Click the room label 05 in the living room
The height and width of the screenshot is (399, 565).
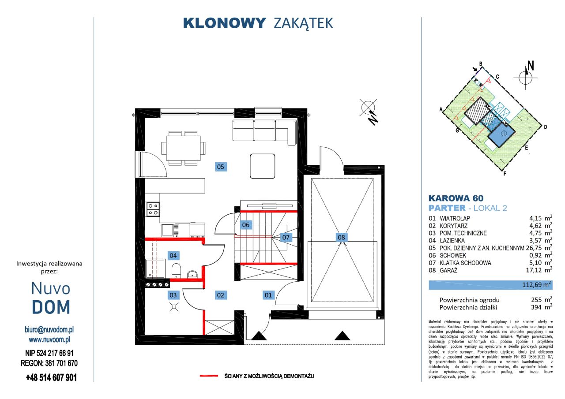[x=220, y=166]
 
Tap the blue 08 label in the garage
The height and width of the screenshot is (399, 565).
[x=341, y=237]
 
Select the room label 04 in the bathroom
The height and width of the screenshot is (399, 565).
[x=173, y=255]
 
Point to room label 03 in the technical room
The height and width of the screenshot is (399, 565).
[x=173, y=295]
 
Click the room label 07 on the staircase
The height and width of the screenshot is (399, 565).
[x=286, y=237]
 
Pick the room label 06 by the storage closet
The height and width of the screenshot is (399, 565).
[x=246, y=225]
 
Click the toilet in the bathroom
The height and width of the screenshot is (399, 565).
[x=176, y=270]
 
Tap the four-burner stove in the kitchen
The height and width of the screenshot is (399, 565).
[x=153, y=209]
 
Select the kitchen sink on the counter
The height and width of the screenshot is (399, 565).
[x=168, y=230]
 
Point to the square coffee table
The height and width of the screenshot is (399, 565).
[x=263, y=165]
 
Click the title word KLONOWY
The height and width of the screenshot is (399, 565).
[x=224, y=23]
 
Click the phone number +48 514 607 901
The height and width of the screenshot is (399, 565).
[x=51, y=377]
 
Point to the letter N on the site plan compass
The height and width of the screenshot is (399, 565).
[x=531, y=66]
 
